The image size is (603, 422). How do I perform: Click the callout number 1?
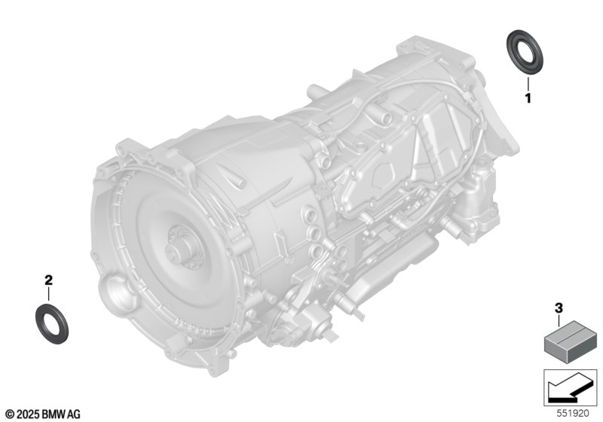pos(528,99)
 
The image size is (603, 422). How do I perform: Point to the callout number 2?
pos(48,280)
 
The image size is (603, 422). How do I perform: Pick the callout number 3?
pos(559,308)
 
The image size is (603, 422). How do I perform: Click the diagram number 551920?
pos(573,414)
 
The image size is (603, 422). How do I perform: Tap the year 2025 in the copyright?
pos(28,414)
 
